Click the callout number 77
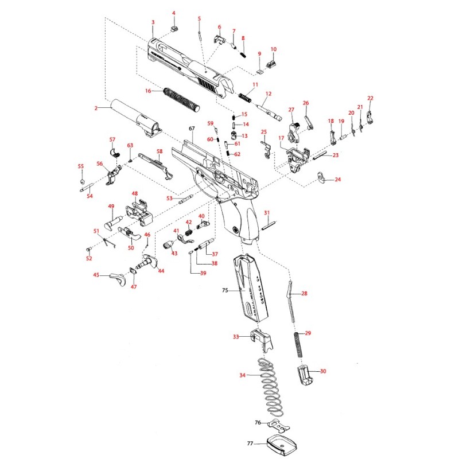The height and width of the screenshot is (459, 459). point(250,444)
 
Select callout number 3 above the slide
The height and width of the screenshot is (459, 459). point(153,22)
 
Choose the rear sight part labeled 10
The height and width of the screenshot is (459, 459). point(274,59)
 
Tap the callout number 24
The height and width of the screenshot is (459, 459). point(337,180)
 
